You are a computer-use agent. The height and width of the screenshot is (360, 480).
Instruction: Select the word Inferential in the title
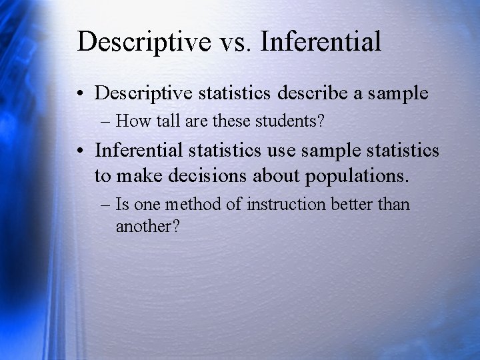[321, 41]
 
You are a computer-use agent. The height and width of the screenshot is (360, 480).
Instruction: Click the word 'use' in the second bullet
[282, 151]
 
